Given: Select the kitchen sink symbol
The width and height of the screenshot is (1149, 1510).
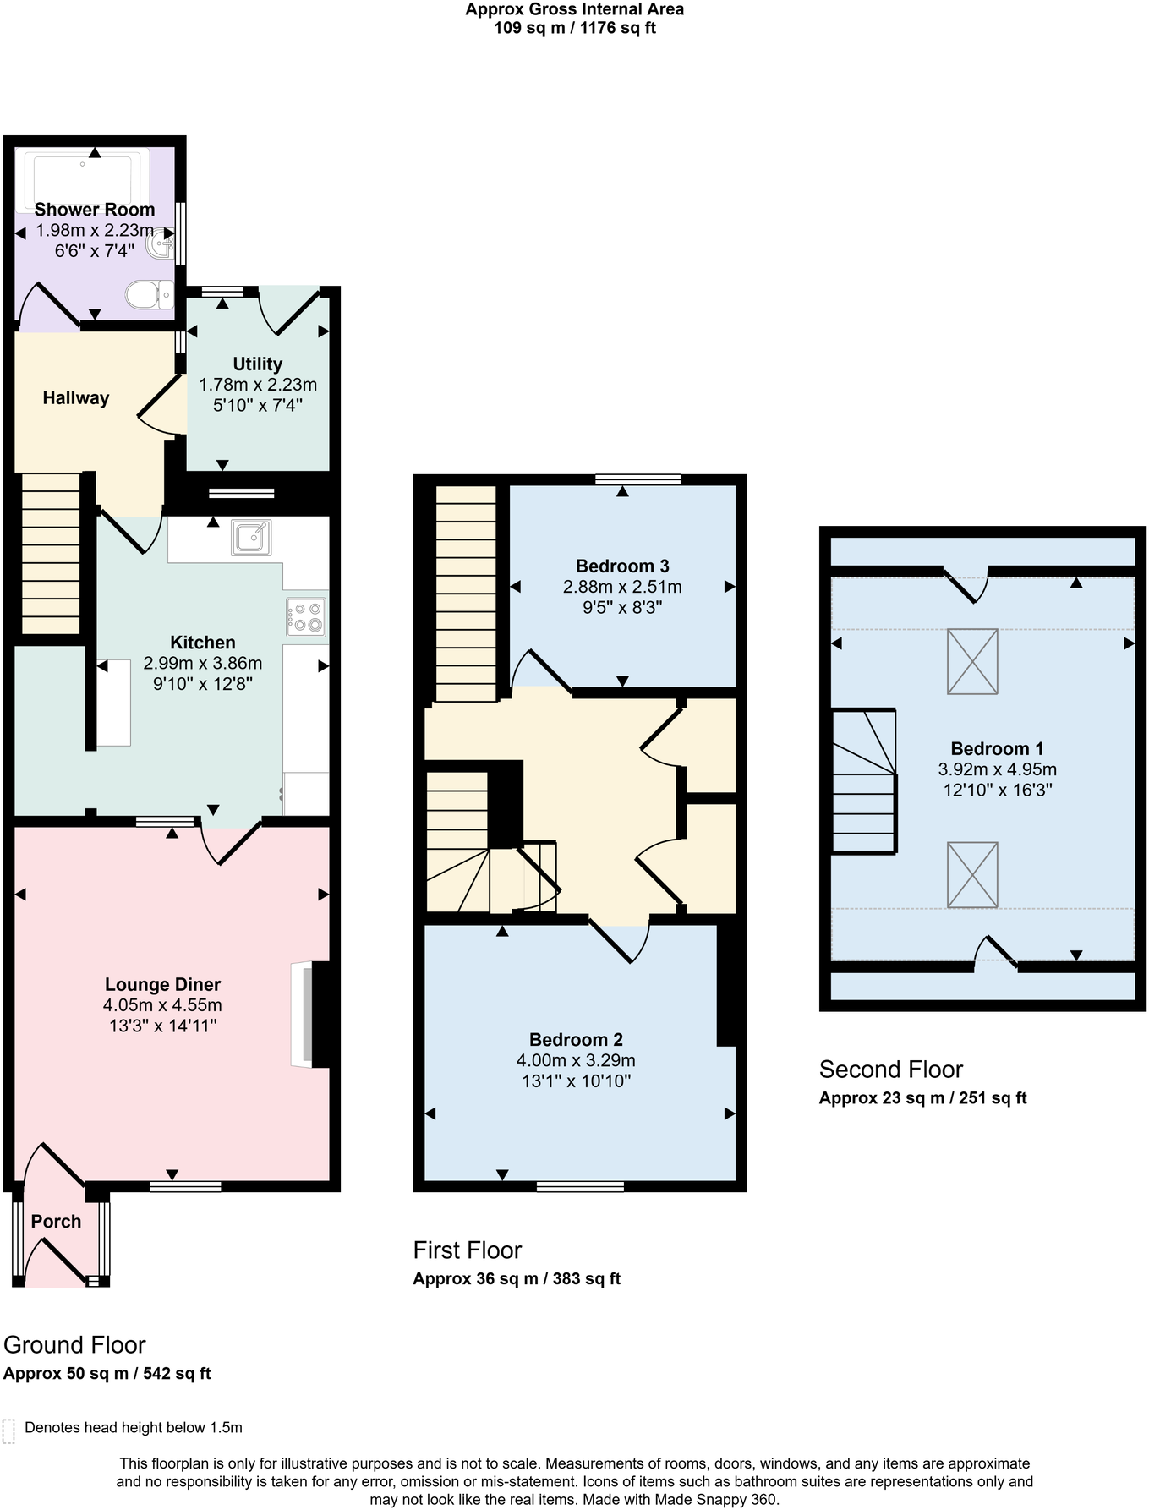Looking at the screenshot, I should click(x=251, y=538).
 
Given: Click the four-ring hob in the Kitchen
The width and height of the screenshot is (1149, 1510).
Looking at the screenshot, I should click(x=306, y=617).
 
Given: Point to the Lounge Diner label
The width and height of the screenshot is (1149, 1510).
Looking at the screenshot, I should click(x=162, y=984).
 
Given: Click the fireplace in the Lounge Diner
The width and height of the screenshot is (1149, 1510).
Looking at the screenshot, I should click(x=311, y=1014).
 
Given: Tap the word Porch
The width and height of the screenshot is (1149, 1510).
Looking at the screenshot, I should click(x=56, y=1221).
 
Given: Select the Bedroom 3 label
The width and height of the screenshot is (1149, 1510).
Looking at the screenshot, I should click(x=622, y=566).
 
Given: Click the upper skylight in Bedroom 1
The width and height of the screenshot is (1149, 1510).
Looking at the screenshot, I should click(x=972, y=661).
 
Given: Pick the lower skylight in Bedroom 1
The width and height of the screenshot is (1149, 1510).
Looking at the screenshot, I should click(x=972, y=874).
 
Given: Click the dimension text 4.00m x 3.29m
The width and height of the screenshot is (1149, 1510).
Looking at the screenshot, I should click(x=576, y=1060).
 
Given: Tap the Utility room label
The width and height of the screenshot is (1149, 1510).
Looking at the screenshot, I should click(x=257, y=364).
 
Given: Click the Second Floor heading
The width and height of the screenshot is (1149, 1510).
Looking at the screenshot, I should click(x=890, y=1070).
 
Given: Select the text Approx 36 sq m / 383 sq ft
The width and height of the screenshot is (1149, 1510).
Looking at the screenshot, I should click(x=517, y=1278).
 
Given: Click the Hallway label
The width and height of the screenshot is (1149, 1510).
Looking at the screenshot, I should click(x=76, y=397).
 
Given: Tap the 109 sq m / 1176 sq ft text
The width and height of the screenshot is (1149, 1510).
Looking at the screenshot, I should click(x=574, y=28).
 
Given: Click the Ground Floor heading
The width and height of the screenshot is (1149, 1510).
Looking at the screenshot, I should click(x=74, y=1344).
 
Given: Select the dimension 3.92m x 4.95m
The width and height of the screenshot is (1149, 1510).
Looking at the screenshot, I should click(x=997, y=769).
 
